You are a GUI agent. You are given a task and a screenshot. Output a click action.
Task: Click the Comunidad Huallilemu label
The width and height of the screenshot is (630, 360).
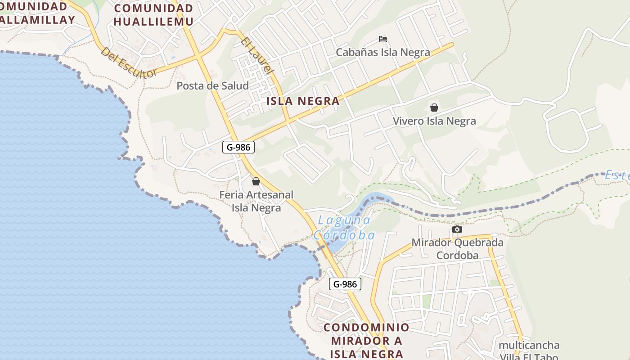(x=153, y=14)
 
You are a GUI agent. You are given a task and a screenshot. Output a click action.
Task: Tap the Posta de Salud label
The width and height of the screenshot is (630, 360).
(x=212, y=85)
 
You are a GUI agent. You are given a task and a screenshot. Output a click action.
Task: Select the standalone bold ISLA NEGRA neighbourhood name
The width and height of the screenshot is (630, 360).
(x=303, y=101)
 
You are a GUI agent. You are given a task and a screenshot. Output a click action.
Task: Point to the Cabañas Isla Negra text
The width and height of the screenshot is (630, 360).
(x=383, y=52)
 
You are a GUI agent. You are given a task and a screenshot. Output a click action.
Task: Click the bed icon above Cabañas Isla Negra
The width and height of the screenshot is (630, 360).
(x=383, y=39)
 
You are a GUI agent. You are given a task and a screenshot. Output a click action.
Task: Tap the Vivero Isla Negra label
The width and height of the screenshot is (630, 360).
(x=434, y=121)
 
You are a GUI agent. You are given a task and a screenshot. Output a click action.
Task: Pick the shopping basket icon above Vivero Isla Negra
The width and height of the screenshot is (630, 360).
(x=434, y=108)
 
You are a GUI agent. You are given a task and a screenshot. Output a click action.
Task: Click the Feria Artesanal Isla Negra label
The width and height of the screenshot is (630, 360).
(x=256, y=201)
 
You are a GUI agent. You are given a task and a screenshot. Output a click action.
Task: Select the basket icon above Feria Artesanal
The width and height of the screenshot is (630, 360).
(x=256, y=181)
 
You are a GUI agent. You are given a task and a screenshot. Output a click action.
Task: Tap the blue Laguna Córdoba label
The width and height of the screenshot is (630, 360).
(x=344, y=228)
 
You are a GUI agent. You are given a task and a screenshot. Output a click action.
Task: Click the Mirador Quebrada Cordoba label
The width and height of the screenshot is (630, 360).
(x=457, y=249)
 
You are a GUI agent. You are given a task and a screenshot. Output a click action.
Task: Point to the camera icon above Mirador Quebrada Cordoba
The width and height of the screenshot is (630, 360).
(x=457, y=229)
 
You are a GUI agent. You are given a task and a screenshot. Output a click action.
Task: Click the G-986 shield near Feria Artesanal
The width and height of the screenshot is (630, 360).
(x=238, y=147)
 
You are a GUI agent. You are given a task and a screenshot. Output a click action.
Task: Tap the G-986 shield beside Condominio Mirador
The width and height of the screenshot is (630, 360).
(x=345, y=284)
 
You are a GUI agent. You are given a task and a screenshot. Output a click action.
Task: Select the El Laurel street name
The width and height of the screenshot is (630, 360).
(x=257, y=56)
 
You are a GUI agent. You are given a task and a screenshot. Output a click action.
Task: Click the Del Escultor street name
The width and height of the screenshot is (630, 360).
(x=129, y=63)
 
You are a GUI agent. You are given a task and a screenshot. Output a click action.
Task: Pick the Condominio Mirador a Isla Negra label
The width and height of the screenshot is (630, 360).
(x=366, y=340)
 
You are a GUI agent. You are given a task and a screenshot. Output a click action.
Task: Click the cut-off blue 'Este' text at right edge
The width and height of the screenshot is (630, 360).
(x=617, y=175)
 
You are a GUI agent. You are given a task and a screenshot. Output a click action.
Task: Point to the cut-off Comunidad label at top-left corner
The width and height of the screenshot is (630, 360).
(x=36, y=13)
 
